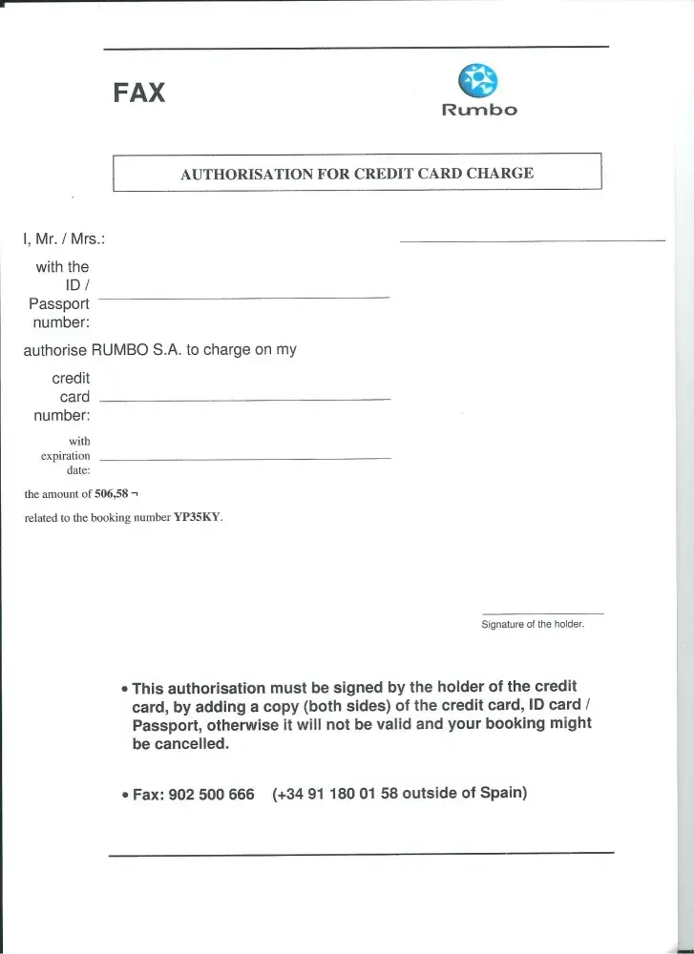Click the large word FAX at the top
click(139, 93)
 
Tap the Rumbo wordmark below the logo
click(479, 110)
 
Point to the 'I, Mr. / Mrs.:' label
click(64, 238)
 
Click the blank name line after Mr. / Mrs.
click(532, 240)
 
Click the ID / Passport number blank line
click(243, 299)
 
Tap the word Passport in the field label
click(59, 304)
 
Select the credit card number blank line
click(244, 399)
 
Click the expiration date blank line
click(244, 460)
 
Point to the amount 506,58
click(111, 494)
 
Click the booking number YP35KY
click(197, 518)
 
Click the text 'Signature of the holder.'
click(533, 625)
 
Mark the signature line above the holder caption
click(543, 613)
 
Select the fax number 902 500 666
click(211, 795)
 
